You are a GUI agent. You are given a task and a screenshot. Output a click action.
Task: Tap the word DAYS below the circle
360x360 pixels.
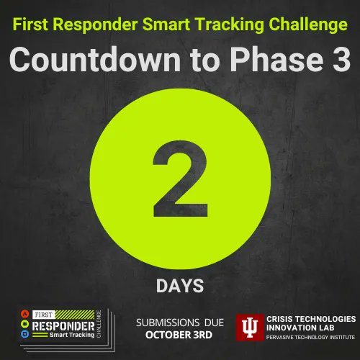pyautogui.click(x=180, y=286)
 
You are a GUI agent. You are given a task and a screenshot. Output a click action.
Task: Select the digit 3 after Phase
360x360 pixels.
pyautogui.click(x=341, y=60)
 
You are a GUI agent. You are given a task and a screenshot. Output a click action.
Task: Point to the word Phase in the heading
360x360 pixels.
pyautogui.click(x=276, y=60)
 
